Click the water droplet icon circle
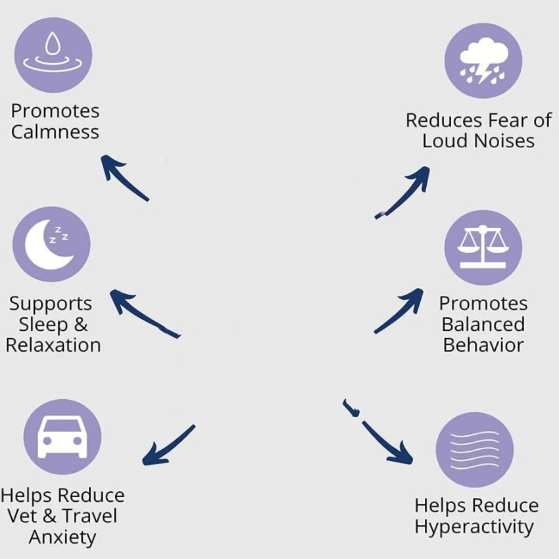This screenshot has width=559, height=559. [53, 55]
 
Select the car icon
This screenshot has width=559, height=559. [62, 436]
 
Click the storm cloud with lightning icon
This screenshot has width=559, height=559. [483, 61]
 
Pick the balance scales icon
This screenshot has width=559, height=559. [483, 247]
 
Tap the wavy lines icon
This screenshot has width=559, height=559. [474, 450]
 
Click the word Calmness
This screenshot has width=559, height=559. [55, 132]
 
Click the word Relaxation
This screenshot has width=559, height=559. [53, 345]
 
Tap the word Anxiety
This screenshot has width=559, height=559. [62, 537]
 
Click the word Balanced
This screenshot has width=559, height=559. [483, 324]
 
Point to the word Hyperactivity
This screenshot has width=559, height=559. [474, 527]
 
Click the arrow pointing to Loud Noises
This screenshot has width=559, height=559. [403, 193]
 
